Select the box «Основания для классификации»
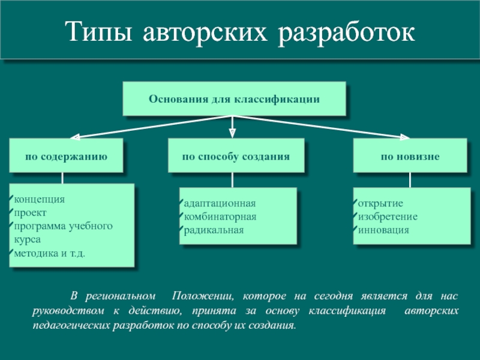pyautogui.click(x=234, y=98)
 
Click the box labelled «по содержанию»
pyautogui.click(x=66, y=156)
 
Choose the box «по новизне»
pyautogui.click(x=410, y=156)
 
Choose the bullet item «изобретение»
pyautogui.click(x=388, y=216)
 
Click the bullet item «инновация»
pyautogui.click(x=383, y=230)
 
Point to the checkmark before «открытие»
pyautogui.click(x=355, y=202)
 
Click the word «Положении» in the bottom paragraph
pyautogui.click(x=200, y=297)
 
